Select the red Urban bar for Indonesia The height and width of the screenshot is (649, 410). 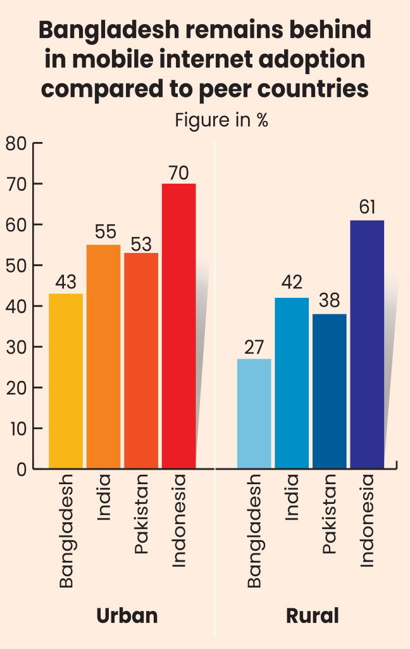coord(179,326)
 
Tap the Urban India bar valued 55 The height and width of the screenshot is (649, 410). coord(103,356)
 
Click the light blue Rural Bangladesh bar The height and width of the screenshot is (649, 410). coord(254,413)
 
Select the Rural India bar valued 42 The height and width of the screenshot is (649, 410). coord(292,383)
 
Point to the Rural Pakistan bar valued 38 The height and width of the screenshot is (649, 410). coord(330,391)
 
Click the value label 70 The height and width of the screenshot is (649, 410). coord(179,173)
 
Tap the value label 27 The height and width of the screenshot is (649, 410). coord(254,349)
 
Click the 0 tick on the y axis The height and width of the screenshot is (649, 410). coord(20,469)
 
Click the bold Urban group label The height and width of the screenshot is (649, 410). coord(127,615)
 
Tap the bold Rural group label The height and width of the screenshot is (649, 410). coord(313,615)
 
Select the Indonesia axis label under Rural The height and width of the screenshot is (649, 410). coord(367,521)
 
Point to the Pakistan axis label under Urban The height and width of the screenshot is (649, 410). coord(141,514)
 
